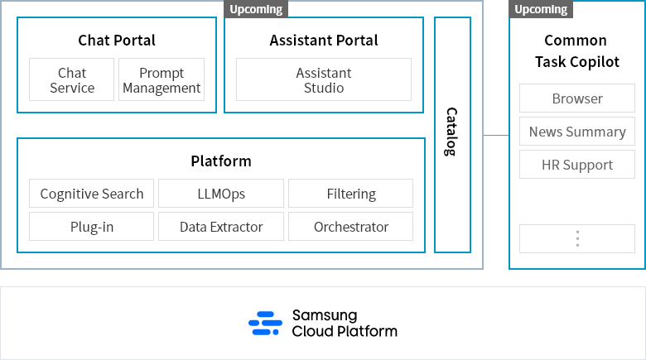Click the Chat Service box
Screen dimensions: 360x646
[x=72, y=79]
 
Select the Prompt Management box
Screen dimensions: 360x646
[x=161, y=79]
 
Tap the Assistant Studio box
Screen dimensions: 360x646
[x=324, y=79]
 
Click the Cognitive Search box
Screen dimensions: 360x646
[x=92, y=194]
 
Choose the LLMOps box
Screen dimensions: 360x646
[x=221, y=194]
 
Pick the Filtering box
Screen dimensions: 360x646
[x=350, y=194]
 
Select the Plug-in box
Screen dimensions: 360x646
[x=92, y=227]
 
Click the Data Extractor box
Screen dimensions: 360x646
[x=221, y=227]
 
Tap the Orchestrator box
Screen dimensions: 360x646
[x=350, y=227]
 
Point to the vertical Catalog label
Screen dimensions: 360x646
[x=451, y=132]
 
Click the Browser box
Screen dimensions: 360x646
[x=577, y=98]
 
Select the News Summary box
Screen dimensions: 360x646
[x=577, y=132]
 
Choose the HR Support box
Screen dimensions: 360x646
[x=577, y=165]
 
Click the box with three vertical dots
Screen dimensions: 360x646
[x=577, y=238]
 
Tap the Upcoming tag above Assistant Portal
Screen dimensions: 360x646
[x=256, y=9]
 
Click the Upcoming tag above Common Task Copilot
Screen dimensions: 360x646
[x=541, y=9]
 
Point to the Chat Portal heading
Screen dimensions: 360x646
[x=117, y=40]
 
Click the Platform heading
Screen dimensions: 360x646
[x=221, y=161]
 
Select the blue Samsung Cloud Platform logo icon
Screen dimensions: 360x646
[x=266, y=324]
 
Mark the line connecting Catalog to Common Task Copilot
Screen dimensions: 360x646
[x=495, y=134]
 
